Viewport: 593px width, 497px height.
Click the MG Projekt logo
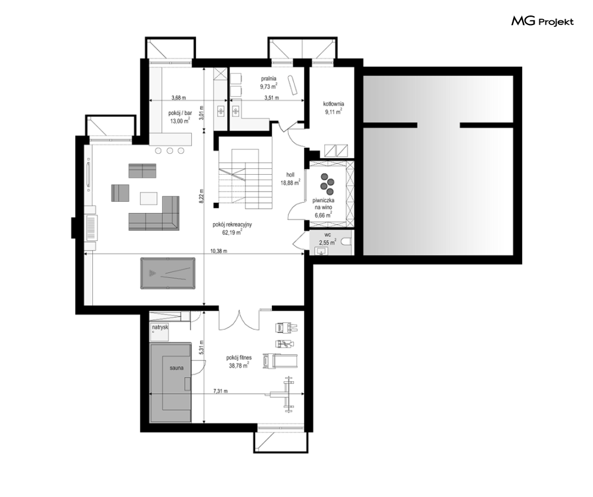[542, 21]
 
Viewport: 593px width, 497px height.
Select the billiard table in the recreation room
[168, 273]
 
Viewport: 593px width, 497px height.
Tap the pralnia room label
[269, 79]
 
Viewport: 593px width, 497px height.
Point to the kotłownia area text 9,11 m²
[333, 112]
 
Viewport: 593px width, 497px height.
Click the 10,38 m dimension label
[219, 251]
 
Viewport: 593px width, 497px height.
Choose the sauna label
[176, 368]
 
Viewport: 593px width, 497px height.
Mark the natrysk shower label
[160, 327]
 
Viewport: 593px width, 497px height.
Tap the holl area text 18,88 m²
[290, 183]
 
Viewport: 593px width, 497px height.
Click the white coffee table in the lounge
[148, 198]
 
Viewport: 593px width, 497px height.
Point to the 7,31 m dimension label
[221, 391]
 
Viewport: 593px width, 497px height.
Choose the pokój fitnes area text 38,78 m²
[238, 366]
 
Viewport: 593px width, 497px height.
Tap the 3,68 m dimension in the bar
[179, 98]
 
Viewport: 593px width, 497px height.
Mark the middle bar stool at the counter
[170, 151]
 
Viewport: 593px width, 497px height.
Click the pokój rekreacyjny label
[232, 225]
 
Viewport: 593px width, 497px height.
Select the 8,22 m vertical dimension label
[201, 196]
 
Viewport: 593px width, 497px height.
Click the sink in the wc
[321, 251]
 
